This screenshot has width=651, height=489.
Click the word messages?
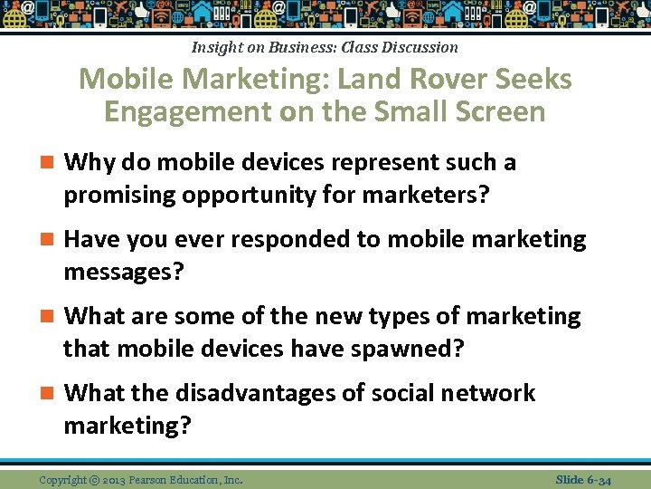tap(123, 271)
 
